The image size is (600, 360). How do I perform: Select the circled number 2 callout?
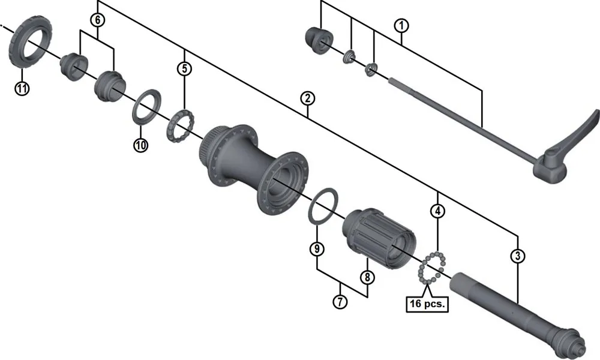coord(307,98)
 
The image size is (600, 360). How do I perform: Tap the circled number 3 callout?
coord(518,256)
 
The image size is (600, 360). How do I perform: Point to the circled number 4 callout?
coord(439,211)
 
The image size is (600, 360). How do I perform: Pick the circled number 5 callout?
coord(184,68)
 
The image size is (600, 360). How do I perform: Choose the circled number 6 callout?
coord(97,20)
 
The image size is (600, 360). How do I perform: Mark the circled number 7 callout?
coord(340,301)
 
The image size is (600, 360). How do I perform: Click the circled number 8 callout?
coord(367,277)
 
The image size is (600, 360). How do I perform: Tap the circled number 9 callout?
coord(316,248)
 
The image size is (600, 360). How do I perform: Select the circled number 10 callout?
coord(140,145)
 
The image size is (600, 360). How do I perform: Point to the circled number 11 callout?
coord(22,89)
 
